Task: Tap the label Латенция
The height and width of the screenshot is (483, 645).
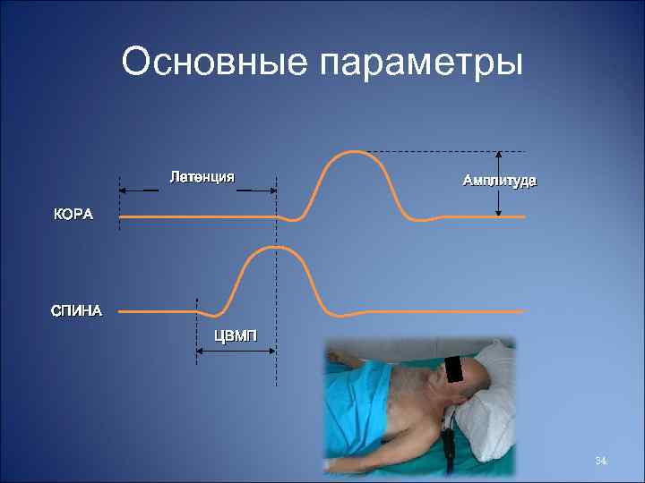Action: click(202, 176)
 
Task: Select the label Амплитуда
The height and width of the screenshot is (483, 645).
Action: click(499, 181)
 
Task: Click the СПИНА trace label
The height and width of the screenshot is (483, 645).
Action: click(76, 312)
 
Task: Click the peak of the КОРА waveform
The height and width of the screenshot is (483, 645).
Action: click(351, 152)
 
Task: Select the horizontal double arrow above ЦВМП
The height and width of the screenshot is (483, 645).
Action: click(236, 350)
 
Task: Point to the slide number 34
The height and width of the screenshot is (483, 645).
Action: click(601, 462)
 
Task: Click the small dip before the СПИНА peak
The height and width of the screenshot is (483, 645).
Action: click(213, 316)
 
